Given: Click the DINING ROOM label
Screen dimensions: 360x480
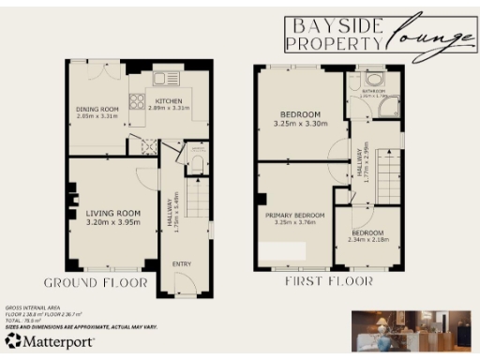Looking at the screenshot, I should [96, 109].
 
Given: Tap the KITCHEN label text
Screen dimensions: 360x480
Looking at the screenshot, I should [169, 100].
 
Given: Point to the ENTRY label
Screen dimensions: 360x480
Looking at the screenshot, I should [182, 263].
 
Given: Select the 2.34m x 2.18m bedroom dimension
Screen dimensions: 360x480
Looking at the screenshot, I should [367, 240].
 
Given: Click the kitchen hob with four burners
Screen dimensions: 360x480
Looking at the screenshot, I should [137, 101].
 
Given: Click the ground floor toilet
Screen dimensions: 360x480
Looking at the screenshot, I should [195, 163].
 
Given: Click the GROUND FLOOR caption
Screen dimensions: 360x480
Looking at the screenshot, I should [95, 282].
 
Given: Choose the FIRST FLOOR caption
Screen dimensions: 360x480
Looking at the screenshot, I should [328, 280].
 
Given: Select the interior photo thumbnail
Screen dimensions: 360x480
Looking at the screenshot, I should [412, 329].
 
